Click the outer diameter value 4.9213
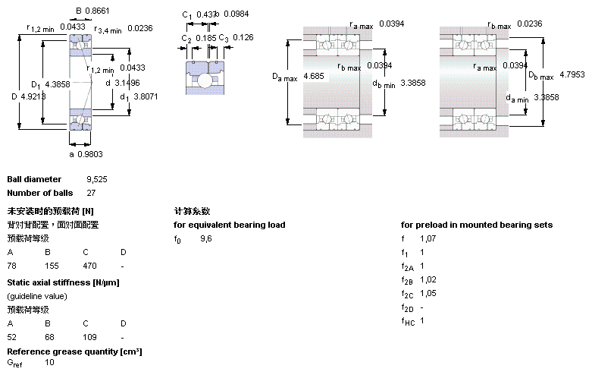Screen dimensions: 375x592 tap(33, 96)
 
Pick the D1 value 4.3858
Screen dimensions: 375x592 tap(58, 84)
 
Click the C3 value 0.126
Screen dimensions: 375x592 tap(243, 37)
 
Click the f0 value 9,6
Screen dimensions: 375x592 tap(206, 239)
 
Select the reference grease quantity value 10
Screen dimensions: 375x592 tap(50, 363)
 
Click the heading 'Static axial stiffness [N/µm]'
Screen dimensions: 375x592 tap(63, 282)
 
